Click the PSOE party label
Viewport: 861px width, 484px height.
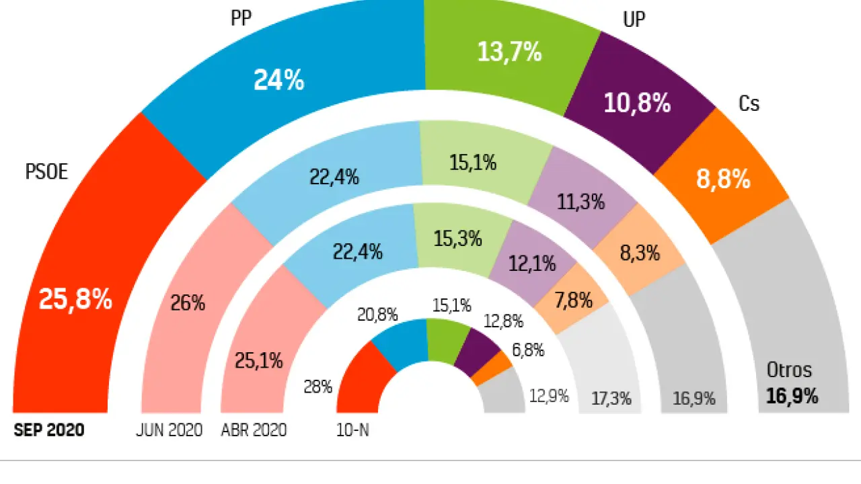pyautogui.click(x=46, y=172)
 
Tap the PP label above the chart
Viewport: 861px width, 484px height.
pyautogui.click(x=241, y=18)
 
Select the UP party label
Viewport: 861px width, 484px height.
pyautogui.click(x=634, y=19)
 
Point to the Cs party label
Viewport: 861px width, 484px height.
pyautogui.click(x=749, y=104)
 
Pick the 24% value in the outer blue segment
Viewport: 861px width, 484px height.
pyautogui.click(x=278, y=81)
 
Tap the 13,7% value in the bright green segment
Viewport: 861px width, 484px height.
pyautogui.click(x=509, y=52)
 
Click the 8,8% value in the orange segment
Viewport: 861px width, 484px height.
pyautogui.click(x=722, y=179)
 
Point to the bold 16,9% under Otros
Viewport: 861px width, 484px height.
pyautogui.click(x=792, y=397)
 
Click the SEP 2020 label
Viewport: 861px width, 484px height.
pyautogui.click(x=49, y=430)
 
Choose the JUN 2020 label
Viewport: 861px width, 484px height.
pyautogui.click(x=169, y=430)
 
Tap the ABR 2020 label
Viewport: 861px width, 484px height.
pyautogui.click(x=254, y=430)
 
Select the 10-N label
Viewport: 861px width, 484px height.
pyautogui.click(x=352, y=430)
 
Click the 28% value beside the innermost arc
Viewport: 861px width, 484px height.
pyautogui.click(x=318, y=387)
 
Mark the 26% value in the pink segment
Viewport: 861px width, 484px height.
pyautogui.click(x=188, y=303)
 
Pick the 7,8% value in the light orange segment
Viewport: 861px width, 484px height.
pyautogui.click(x=573, y=300)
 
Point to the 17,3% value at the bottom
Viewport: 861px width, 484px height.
pyautogui.click(x=611, y=398)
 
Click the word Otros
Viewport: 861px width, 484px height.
pyautogui.click(x=789, y=370)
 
